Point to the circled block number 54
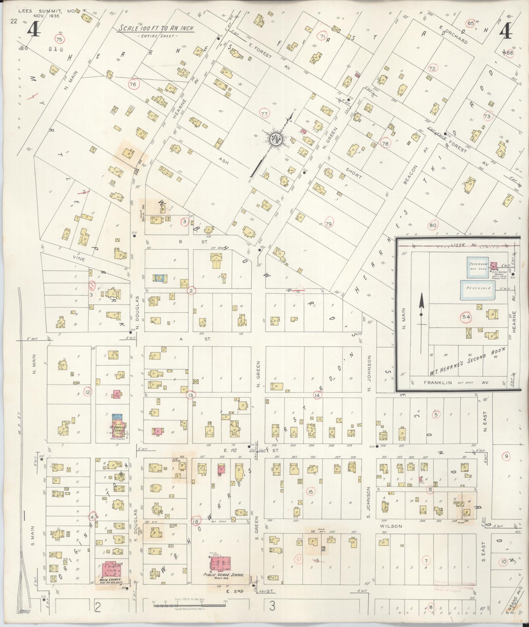click(x=466, y=317)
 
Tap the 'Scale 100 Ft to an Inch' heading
click(x=156, y=29)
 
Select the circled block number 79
click(x=328, y=224)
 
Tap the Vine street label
click(x=79, y=259)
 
